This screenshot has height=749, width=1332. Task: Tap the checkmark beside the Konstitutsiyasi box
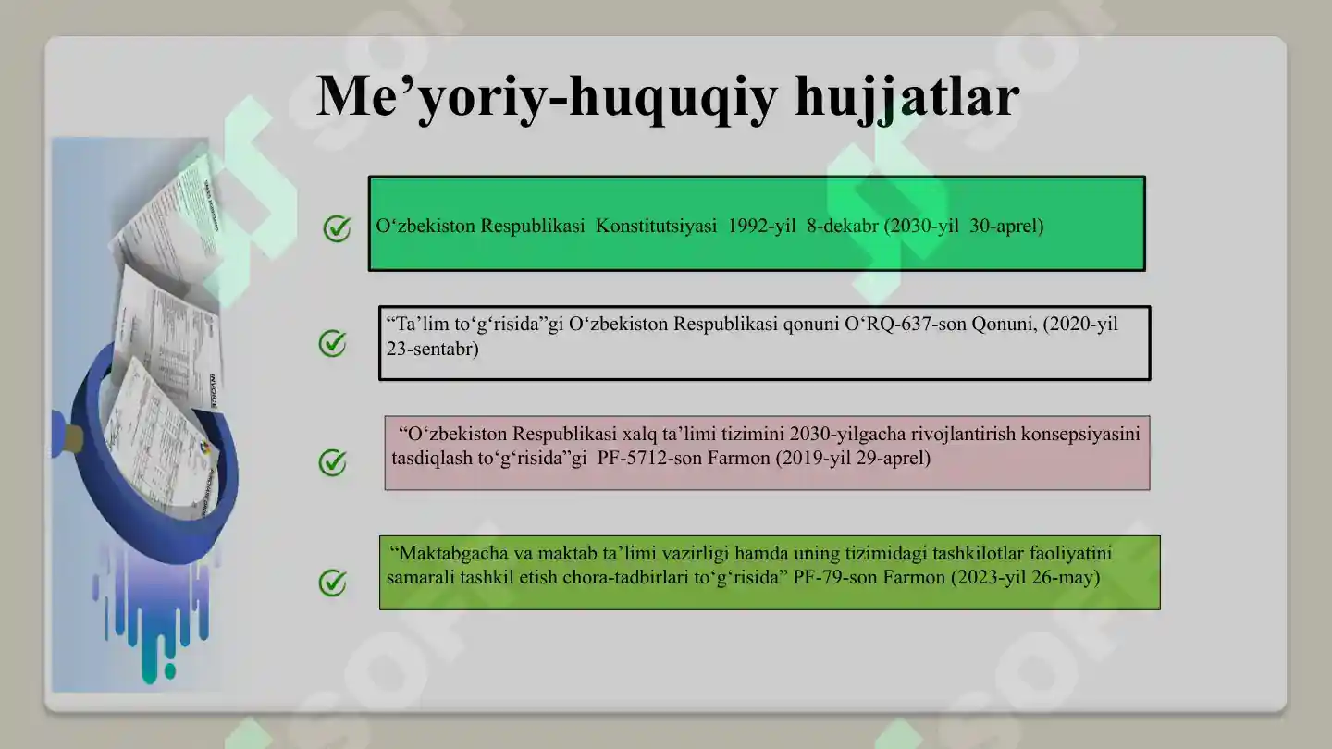[337, 227]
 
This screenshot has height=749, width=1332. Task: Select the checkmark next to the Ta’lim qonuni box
[332, 343]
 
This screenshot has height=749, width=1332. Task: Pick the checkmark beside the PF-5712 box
[332, 461]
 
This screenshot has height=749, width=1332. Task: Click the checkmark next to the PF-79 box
[332, 582]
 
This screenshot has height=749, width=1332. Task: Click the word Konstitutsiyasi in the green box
[656, 226]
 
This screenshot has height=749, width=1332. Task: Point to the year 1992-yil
[761, 226]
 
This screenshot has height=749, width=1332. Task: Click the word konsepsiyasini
[1079, 434]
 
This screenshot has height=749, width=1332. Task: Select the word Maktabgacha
[449, 554]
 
